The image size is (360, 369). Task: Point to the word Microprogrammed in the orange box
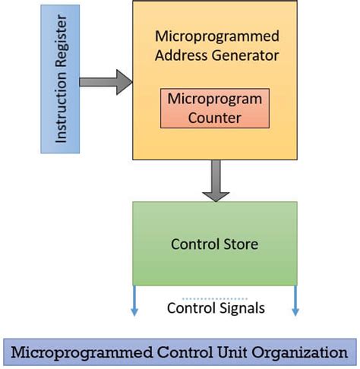point(216,36)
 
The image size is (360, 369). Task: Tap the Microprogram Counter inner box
point(214,109)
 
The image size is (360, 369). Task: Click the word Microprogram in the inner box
point(214,99)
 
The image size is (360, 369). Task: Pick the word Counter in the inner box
point(214,118)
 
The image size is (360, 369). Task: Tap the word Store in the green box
point(242,244)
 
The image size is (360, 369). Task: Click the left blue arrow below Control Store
point(134,301)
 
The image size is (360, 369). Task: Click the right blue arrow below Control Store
point(295,301)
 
